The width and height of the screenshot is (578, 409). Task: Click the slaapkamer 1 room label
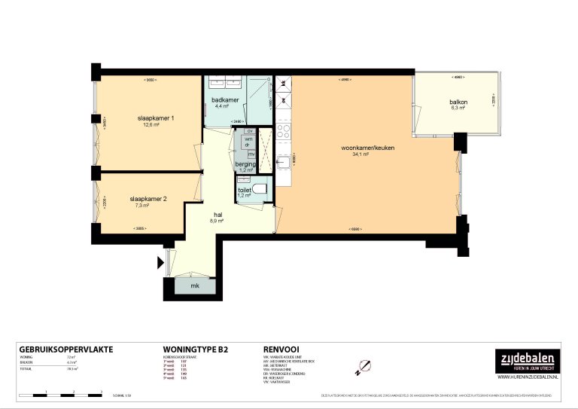(x=156, y=118)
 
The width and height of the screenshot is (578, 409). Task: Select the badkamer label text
(x=225, y=99)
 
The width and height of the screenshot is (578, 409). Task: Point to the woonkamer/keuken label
(x=368, y=148)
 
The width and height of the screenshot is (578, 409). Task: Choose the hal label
(x=218, y=214)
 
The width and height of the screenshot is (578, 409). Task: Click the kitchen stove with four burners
(x=284, y=133)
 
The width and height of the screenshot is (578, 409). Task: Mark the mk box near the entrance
(x=193, y=286)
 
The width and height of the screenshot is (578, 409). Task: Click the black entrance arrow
(x=160, y=263)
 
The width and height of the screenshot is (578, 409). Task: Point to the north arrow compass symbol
(x=364, y=367)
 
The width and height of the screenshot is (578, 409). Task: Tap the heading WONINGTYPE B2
(x=195, y=349)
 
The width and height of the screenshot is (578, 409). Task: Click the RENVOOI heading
(x=281, y=349)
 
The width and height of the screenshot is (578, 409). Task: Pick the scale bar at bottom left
(x=60, y=394)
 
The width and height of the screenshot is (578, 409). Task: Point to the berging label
(x=245, y=163)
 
